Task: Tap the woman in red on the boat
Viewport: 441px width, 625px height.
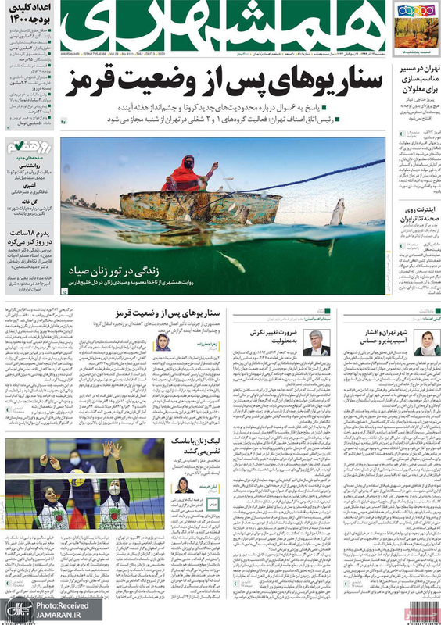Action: [186, 173]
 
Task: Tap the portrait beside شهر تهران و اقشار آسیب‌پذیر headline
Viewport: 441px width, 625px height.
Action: [426, 342]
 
